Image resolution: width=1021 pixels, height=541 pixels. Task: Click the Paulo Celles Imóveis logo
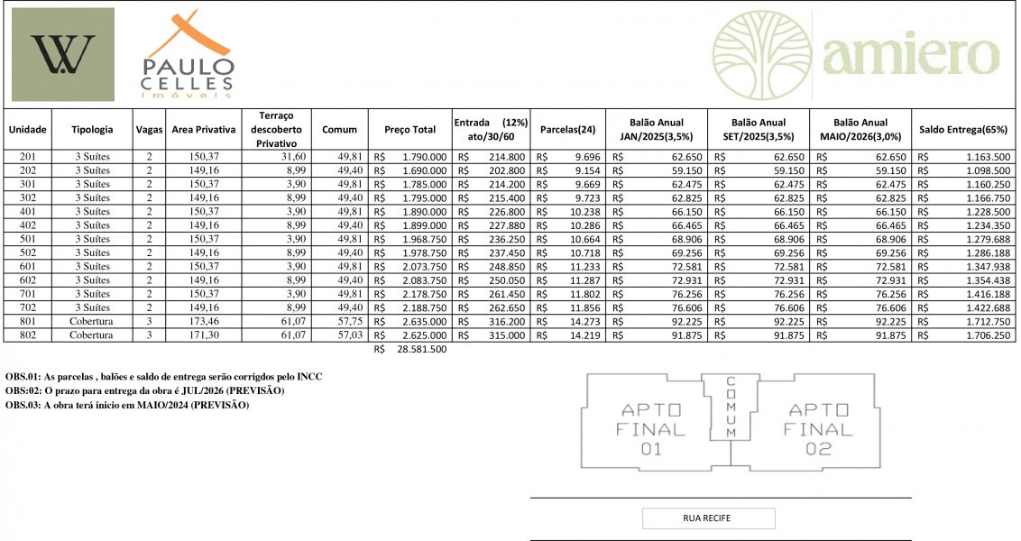click(x=189, y=56)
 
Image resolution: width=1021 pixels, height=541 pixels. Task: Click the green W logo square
click(x=63, y=54)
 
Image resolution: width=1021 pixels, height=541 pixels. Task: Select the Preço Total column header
click(x=409, y=130)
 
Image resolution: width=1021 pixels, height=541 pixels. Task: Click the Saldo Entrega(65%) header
click(x=963, y=130)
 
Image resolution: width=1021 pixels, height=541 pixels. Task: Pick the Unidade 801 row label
click(x=27, y=321)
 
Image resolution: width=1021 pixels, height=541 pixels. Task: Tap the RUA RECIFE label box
click(x=708, y=518)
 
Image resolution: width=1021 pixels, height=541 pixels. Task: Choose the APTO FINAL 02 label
click(x=818, y=428)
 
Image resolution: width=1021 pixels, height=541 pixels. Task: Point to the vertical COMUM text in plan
click(x=731, y=407)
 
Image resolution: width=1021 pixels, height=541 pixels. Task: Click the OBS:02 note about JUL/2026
click(x=144, y=390)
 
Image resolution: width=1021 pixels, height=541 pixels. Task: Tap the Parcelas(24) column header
click(x=567, y=130)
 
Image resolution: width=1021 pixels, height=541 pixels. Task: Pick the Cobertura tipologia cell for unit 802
click(x=92, y=335)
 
